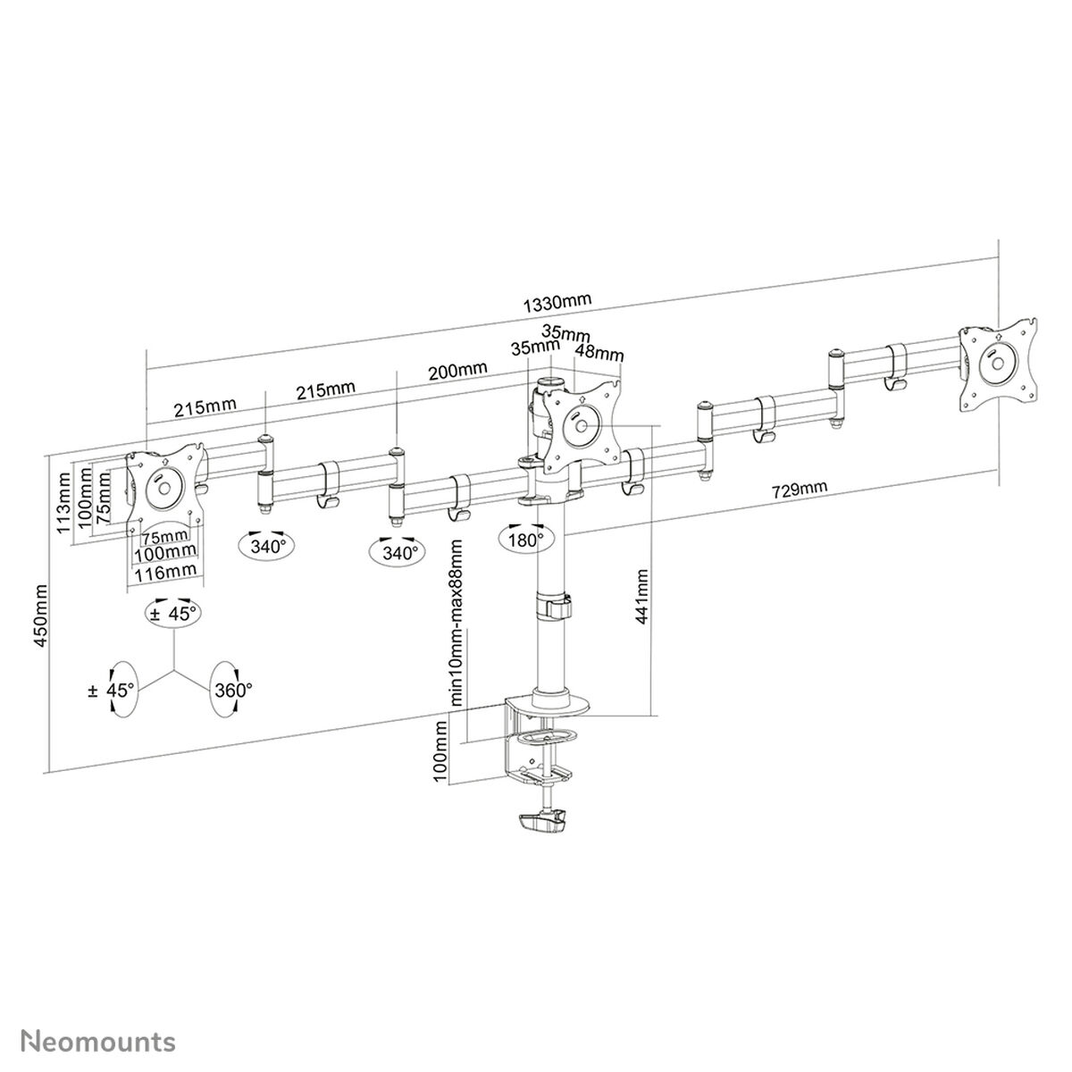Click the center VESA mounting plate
coord(580,423)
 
